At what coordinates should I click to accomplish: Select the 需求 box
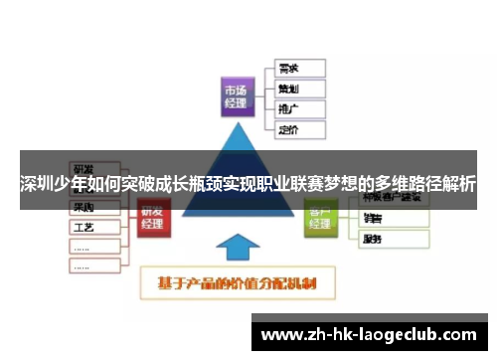click(x=299, y=69)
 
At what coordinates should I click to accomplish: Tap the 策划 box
click(x=299, y=89)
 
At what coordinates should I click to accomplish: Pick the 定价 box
click(x=299, y=129)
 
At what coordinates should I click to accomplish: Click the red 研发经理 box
click(x=152, y=218)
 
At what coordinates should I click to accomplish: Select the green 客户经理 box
click(x=320, y=218)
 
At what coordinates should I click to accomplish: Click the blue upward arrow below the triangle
click(x=237, y=249)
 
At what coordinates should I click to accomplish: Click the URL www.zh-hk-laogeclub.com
click(x=374, y=335)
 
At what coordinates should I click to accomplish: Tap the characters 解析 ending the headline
click(x=458, y=185)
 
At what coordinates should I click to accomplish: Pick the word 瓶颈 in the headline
click(x=189, y=185)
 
